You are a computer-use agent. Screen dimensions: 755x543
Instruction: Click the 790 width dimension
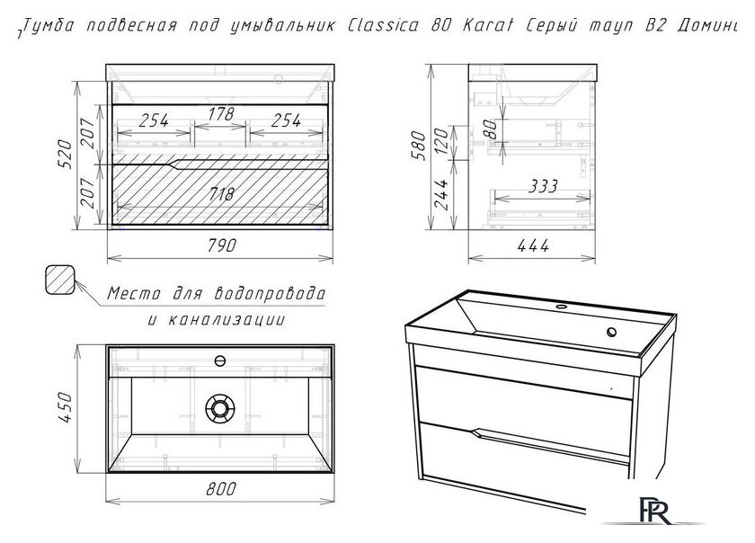pos(221,245)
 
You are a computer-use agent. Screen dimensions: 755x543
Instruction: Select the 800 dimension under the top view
pos(221,488)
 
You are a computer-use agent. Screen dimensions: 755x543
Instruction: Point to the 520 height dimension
pos(65,154)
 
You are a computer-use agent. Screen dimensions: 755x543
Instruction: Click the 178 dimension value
pos(220,114)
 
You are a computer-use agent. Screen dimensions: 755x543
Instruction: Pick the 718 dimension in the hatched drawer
pos(221,193)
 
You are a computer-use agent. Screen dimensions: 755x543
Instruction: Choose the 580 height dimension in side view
pos(419,146)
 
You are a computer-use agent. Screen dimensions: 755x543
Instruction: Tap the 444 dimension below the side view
pos(533,245)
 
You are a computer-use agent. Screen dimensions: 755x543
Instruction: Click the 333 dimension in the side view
pos(543,185)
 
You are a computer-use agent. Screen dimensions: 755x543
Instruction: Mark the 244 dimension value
pos(441,195)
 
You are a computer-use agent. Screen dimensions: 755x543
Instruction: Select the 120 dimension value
pos(441,140)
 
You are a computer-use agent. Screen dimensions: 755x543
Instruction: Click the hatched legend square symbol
pos(60,280)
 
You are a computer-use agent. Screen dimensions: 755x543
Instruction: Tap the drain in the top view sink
pos(220,408)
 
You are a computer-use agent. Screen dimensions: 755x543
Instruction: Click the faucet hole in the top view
pos(220,361)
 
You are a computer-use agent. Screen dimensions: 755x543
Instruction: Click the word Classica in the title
pos(383,25)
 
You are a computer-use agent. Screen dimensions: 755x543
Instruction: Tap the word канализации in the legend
pos(226,319)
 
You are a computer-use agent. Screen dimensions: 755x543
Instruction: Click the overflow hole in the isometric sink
pos(612,332)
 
